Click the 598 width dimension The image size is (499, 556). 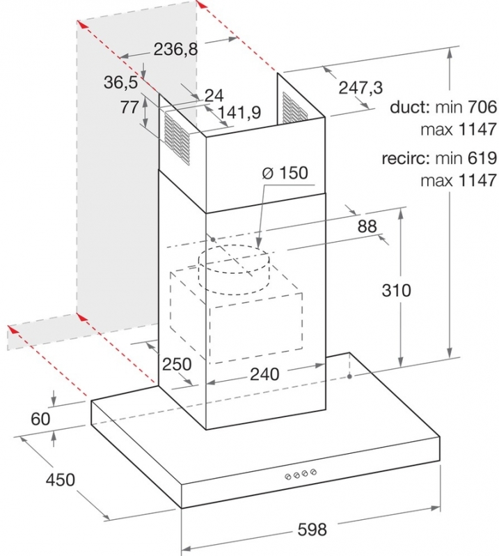coord(312,530)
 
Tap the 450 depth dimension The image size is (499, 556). coord(61,480)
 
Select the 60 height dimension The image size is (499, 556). coord(40,419)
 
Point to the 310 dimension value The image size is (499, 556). coord(397,291)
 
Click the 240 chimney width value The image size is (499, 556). coord(264,374)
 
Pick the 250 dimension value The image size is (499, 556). coord(177,363)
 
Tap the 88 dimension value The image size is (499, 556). coord(367,227)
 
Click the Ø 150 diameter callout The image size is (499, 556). coord(285,173)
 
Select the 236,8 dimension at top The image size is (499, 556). coord(175,49)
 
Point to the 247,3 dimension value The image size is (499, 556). coord(361,88)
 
